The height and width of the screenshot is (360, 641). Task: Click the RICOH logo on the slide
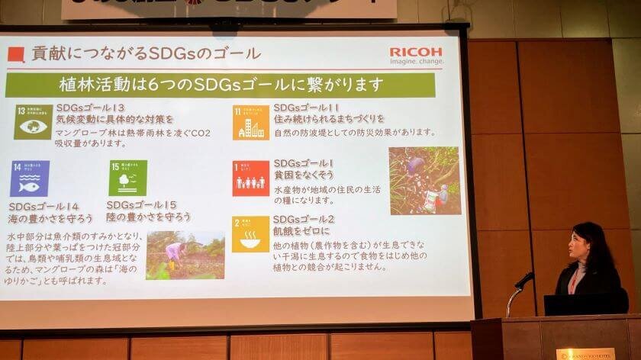point(415,52)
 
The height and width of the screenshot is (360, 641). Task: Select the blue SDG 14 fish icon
point(29,178)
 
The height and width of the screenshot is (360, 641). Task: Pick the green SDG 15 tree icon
point(127,178)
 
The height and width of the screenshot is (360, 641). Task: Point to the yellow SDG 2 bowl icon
point(250,234)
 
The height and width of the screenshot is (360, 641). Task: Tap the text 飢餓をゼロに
point(301,230)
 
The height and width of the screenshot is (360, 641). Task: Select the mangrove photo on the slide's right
point(424,181)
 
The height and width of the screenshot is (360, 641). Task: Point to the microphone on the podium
point(523,281)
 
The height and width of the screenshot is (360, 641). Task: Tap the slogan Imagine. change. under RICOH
point(415,63)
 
